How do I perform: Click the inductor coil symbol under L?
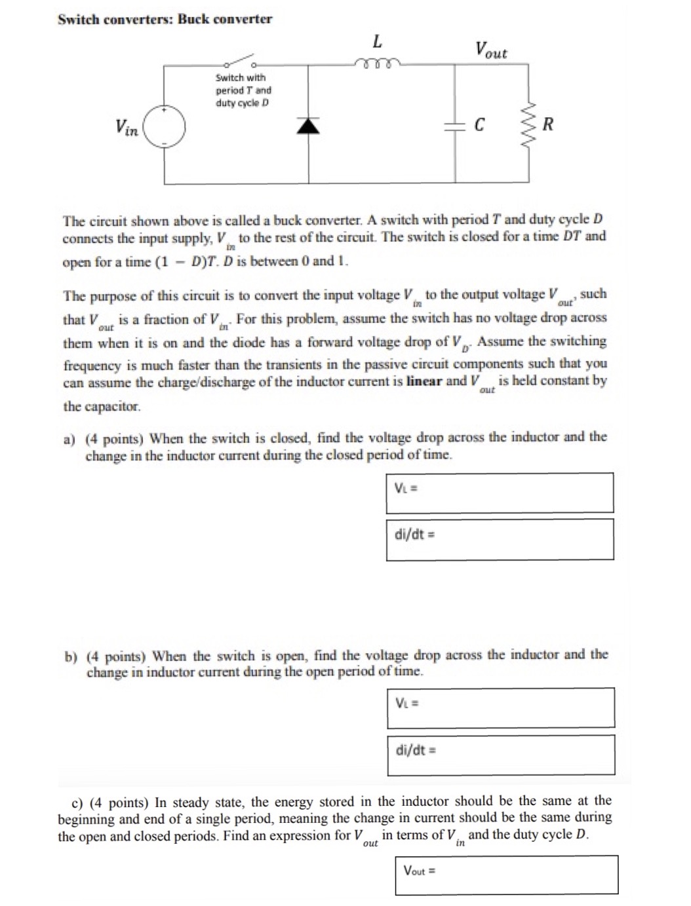click(x=376, y=64)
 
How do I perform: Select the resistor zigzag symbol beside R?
click(x=529, y=124)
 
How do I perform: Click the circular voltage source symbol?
click(x=164, y=126)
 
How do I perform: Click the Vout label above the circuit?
click(x=491, y=50)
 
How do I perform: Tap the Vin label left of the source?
click(x=127, y=126)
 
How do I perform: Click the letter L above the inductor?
click(x=377, y=41)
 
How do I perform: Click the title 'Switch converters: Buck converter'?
click(x=165, y=19)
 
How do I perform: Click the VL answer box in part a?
click(x=500, y=493)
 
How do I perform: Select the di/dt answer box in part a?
click(x=500, y=539)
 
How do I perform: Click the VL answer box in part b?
click(x=500, y=708)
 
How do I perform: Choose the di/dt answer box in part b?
click(x=500, y=754)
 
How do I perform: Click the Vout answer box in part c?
click(x=506, y=875)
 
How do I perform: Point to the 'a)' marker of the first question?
click(x=69, y=438)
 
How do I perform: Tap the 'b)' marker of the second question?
click(x=71, y=656)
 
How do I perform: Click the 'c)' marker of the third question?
click(x=77, y=802)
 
